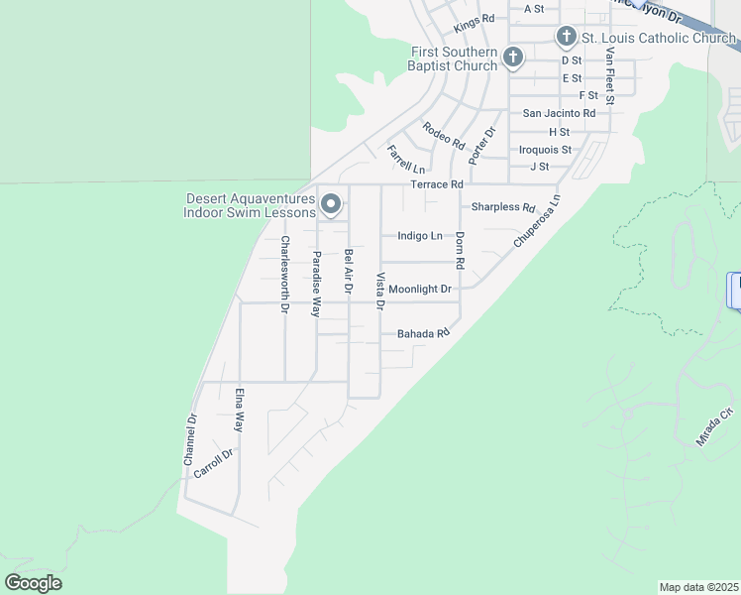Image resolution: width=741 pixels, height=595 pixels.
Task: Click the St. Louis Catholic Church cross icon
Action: (x=567, y=38)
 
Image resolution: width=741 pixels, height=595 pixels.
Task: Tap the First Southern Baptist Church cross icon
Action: (x=513, y=58)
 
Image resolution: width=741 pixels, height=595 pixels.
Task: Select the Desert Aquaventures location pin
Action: (x=331, y=204)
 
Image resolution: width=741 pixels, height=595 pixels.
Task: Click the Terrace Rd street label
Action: (x=437, y=184)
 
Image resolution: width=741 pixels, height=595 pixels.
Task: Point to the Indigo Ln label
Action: (x=419, y=236)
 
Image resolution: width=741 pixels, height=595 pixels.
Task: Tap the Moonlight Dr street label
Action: (x=419, y=289)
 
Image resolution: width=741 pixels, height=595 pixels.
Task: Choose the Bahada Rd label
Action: (x=423, y=334)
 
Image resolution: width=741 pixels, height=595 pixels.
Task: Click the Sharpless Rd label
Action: (x=502, y=207)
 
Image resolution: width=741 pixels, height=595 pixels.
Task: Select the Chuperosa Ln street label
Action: (x=537, y=220)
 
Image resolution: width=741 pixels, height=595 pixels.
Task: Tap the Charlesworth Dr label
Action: (x=284, y=275)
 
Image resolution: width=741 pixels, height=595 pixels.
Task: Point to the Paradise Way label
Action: (x=317, y=284)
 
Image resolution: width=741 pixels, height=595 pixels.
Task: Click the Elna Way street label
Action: (x=239, y=410)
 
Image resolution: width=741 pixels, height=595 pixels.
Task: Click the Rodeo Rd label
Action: (x=443, y=135)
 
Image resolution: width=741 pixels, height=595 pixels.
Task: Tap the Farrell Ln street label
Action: (x=405, y=159)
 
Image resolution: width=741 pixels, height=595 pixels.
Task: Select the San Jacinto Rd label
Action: (x=559, y=113)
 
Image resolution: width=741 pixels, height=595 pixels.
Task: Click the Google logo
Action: (x=33, y=583)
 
